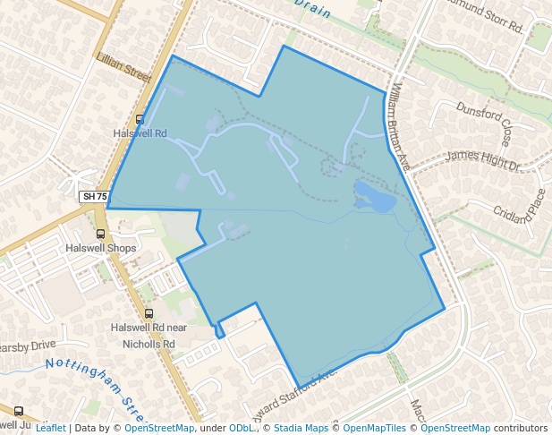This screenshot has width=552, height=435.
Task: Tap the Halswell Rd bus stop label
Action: coord(140,133)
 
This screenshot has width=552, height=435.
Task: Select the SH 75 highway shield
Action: coord(93,197)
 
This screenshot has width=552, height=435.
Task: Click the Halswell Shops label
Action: coord(98,248)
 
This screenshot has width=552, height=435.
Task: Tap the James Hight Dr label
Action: coord(483,160)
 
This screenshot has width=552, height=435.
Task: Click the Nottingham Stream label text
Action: coord(93,385)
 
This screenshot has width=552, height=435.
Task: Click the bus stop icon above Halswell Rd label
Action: coord(140,119)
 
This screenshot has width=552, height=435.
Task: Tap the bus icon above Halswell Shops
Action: coord(99,234)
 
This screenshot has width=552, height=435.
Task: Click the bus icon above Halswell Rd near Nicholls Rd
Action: coord(149,313)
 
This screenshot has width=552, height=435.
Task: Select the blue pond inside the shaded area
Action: coord(374,196)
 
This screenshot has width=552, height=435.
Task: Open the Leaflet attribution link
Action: coord(50,428)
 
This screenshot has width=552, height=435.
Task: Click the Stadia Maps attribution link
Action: coord(301,428)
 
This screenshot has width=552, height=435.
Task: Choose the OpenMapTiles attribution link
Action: coord(375,428)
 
